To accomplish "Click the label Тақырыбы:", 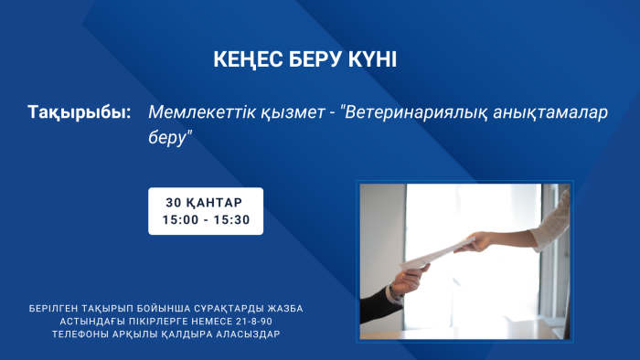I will point(79,113).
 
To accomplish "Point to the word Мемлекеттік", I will point(197,113).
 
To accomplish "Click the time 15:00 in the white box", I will point(179,220).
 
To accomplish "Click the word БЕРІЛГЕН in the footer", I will point(58,309).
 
